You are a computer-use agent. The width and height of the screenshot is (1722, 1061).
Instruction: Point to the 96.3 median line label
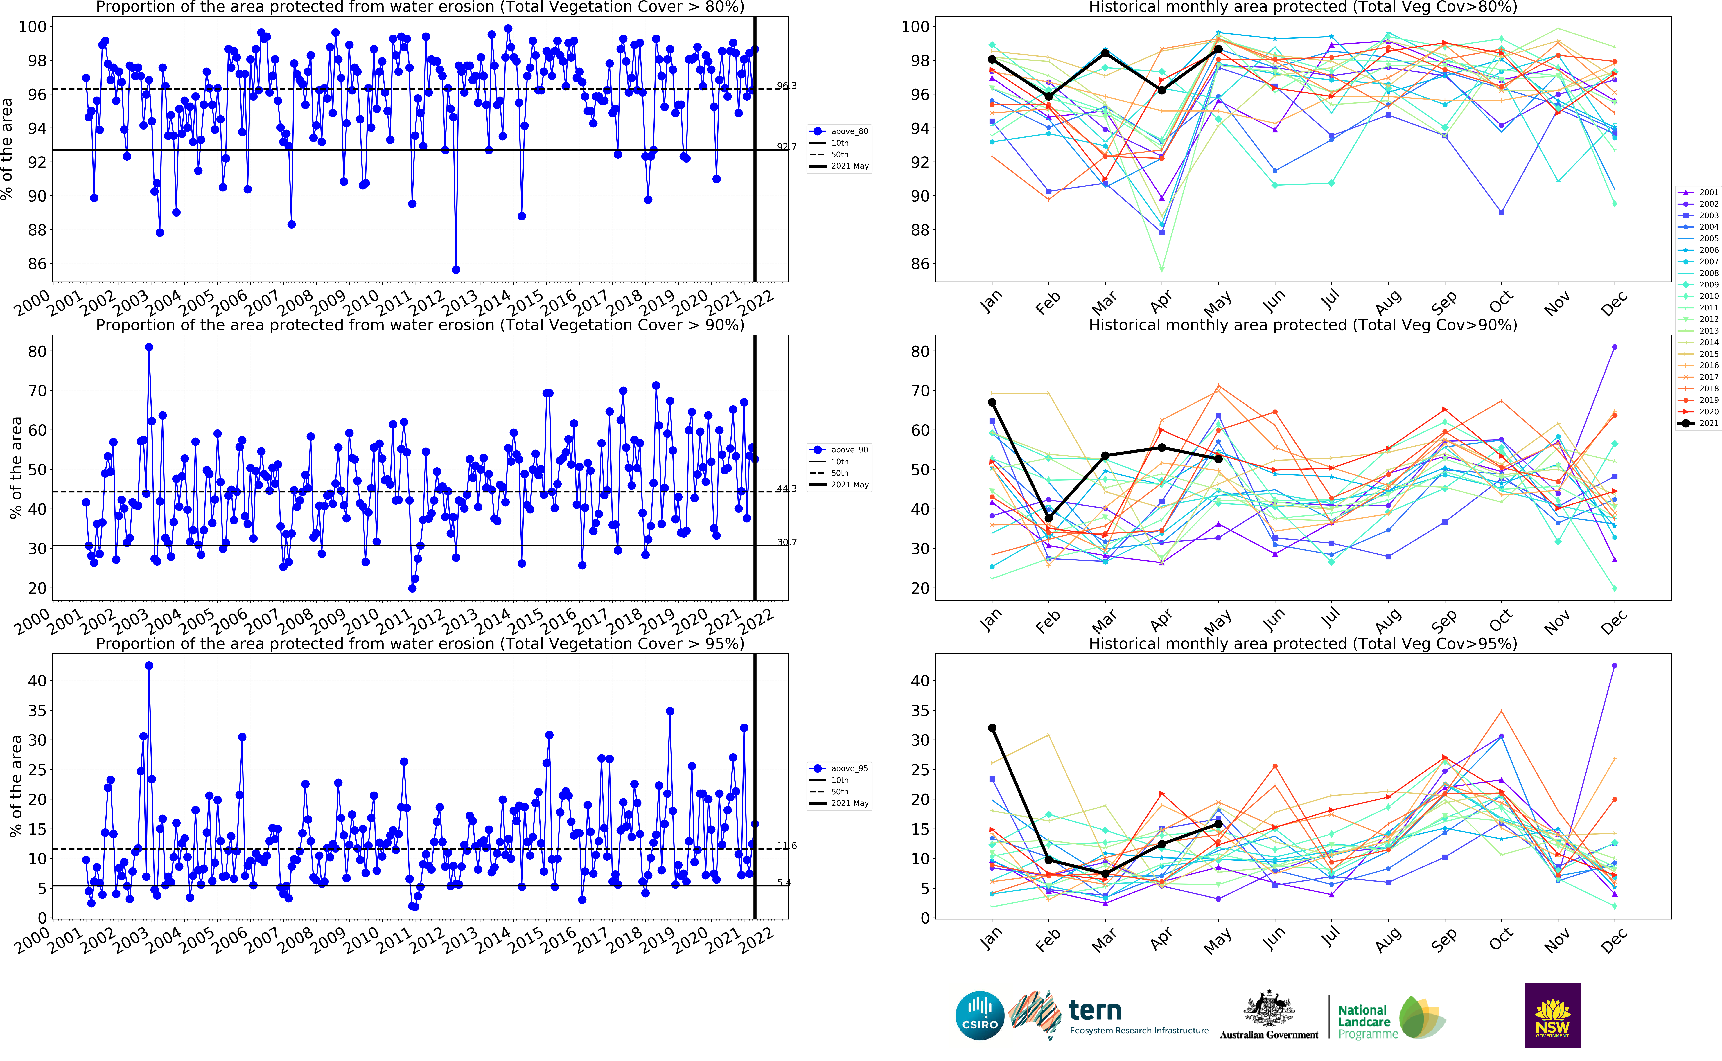(x=786, y=86)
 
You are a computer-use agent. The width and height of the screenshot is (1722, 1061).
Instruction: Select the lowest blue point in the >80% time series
(x=456, y=269)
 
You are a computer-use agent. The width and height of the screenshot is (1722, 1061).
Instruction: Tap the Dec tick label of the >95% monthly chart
(x=1613, y=940)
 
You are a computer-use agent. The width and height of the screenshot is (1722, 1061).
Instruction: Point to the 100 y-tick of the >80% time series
(x=32, y=27)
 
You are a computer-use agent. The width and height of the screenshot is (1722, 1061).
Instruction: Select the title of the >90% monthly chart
(x=1302, y=325)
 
